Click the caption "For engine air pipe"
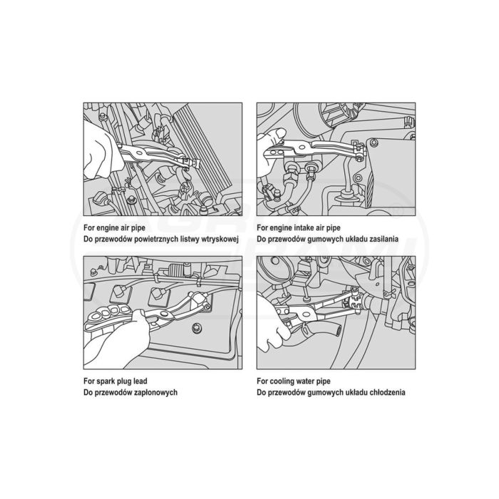coord(114,228)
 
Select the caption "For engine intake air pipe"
coord(299,228)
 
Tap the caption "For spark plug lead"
coord(115,381)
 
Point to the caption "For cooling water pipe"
coord(294,381)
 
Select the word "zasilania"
coord(383,239)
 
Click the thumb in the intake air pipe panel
coord(276,134)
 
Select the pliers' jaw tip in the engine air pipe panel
coord(192,163)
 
